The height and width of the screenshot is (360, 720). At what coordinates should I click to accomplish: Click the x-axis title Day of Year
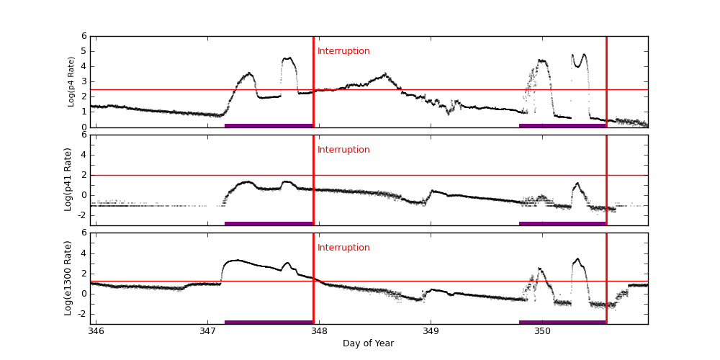coord(368,343)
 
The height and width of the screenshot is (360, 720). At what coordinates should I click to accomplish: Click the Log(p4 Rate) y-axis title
coord(71,81)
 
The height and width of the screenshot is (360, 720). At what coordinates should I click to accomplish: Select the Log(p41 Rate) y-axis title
coord(68,179)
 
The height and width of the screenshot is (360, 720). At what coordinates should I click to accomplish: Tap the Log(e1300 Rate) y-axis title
coord(68,278)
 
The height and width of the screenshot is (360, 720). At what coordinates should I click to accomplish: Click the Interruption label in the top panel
coord(343,51)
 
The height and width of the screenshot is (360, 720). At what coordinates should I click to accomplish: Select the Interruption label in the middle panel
coord(343,150)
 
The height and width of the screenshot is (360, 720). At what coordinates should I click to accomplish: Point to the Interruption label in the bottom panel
coord(343,248)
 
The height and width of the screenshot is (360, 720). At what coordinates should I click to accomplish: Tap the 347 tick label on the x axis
coord(207,330)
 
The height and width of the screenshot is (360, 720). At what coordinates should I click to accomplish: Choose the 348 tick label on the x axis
coord(319,330)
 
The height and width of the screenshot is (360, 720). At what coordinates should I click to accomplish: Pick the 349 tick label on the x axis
coord(431,330)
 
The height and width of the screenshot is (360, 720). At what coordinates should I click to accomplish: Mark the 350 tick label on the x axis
coord(542,330)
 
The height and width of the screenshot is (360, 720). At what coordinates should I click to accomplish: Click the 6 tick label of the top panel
coord(84,36)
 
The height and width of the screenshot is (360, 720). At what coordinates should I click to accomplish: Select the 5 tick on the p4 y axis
coord(84,51)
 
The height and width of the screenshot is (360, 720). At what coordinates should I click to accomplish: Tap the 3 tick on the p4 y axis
coord(84,81)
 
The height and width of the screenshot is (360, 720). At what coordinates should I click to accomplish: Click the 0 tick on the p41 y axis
coord(84,194)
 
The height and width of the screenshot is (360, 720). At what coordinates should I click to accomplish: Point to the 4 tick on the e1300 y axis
coord(84,253)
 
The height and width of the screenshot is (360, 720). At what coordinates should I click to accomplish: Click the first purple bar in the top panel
coord(269,125)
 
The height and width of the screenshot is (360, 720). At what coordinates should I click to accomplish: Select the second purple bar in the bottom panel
coord(562,322)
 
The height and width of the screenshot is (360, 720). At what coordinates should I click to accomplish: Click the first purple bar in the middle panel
coord(269,223)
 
